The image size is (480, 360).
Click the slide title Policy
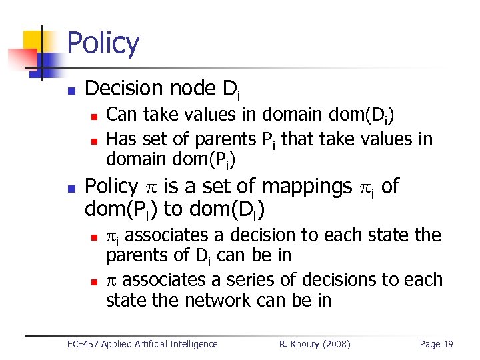pos(103,43)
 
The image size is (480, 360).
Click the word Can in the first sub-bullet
pos(121,115)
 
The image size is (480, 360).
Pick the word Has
pos(121,139)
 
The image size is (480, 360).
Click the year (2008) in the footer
pos(337,344)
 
